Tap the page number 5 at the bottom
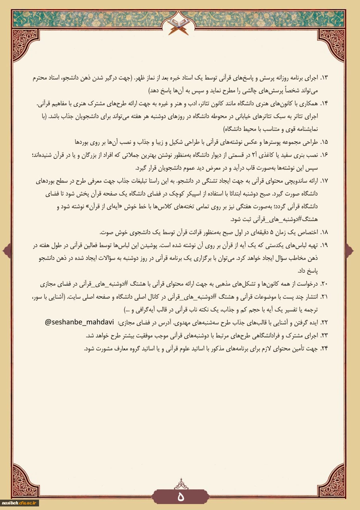point(180,497)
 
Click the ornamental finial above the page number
point(180,484)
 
